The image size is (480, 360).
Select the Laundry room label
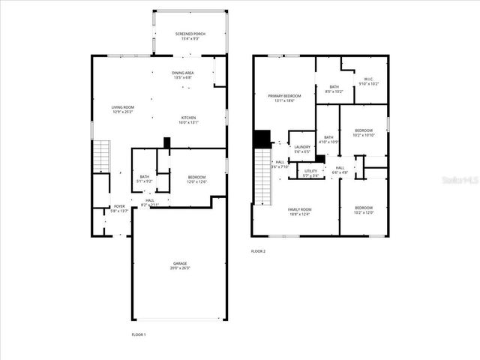click(x=302, y=149)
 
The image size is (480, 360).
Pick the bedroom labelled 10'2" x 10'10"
click(x=364, y=132)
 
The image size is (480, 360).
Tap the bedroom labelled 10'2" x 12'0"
click(x=364, y=209)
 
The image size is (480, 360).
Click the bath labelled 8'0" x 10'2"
click(x=334, y=89)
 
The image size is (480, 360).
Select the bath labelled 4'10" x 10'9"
click(x=328, y=139)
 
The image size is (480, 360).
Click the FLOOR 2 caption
click(x=259, y=251)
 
